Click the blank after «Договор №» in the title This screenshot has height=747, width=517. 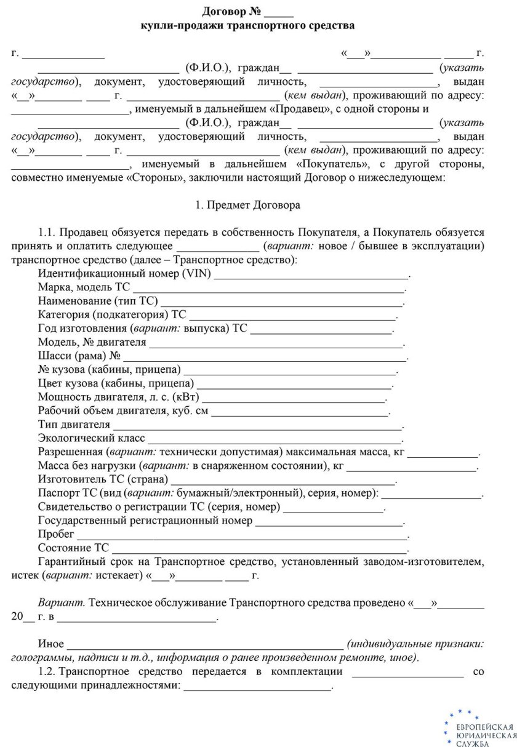tap(281, 12)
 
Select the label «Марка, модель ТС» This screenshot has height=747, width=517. tap(84, 287)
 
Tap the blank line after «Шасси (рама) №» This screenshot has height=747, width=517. tap(265, 356)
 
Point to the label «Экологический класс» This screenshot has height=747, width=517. tap(91, 438)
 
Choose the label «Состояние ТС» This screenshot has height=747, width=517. tap(74, 548)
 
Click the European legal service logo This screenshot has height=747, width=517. tap(478, 728)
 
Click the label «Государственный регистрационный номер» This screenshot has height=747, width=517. tap(145, 521)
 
